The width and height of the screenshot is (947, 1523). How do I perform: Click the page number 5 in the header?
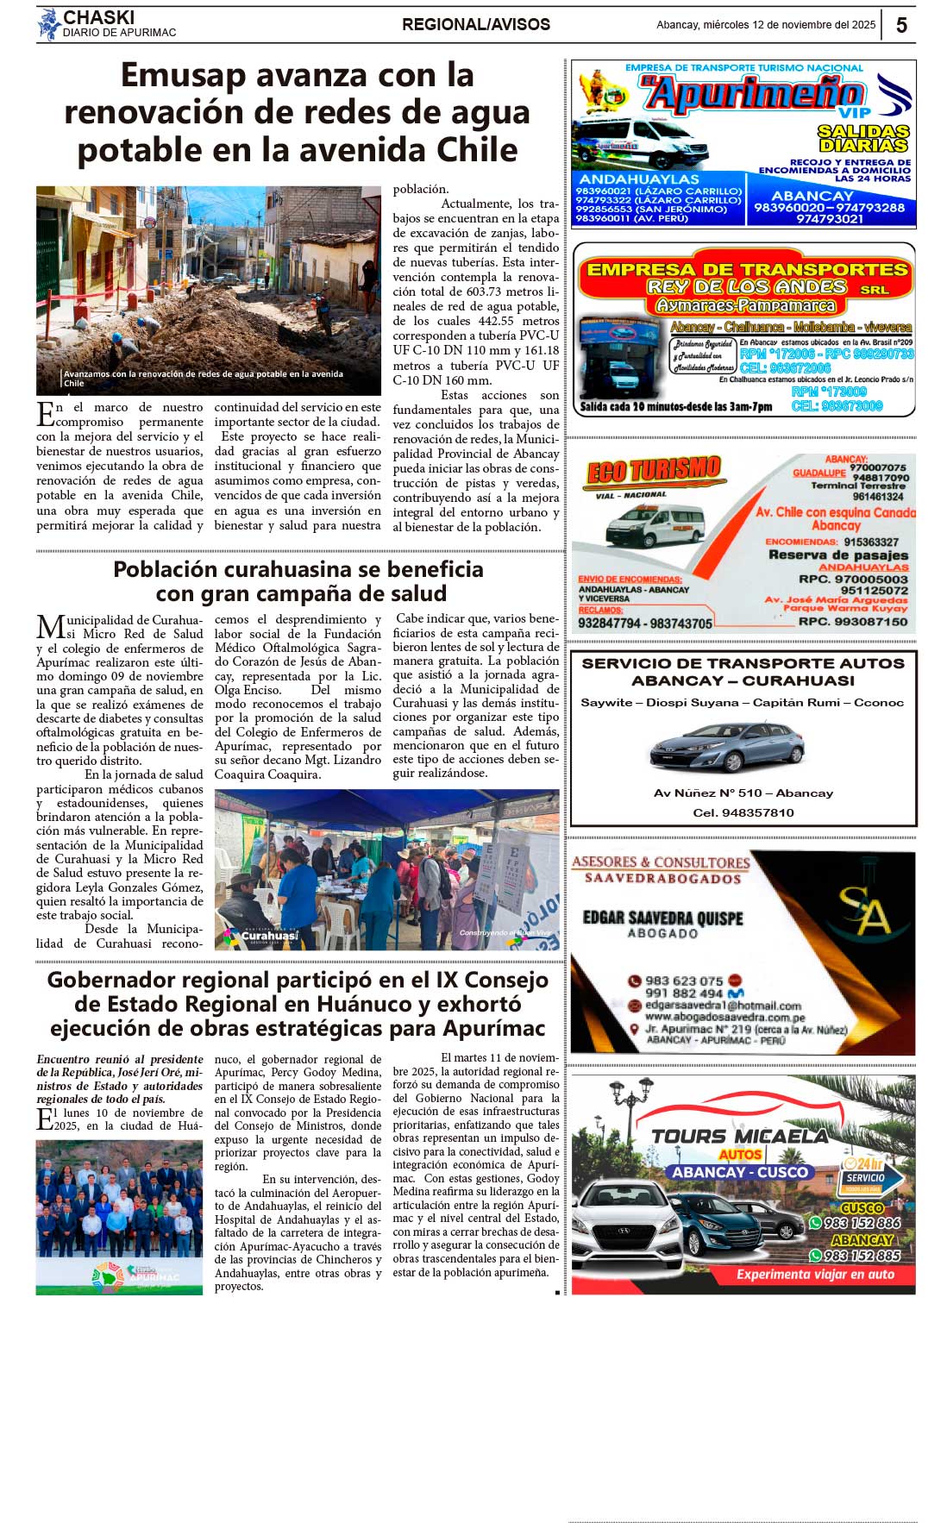(x=901, y=25)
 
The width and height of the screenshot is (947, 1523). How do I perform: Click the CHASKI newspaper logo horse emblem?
(x=48, y=24)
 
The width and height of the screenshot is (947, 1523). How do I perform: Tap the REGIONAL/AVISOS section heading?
(x=475, y=25)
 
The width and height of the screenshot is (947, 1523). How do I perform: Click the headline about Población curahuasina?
(x=298, y=581)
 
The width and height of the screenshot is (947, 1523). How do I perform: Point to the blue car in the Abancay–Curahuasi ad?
(x=726, y=747)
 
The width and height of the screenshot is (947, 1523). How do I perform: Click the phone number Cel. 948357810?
(x=743, y=812)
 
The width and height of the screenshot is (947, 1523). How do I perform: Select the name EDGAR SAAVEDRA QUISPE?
(x=662, y=918)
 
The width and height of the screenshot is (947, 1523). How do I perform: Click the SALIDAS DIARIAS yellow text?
(x=863, y=138)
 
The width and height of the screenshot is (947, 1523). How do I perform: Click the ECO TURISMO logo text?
(x=654, y=470)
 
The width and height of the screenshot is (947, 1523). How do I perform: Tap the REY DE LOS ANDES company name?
(x=747, y=286)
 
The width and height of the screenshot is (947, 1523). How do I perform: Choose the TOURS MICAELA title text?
(x=740, y=1136)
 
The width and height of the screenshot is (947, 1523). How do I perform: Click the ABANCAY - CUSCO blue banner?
(x=740, y=1172)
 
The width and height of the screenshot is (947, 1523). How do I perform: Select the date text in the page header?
(x=765, y=25)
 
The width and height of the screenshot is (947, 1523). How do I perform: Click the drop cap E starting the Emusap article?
(x=46, y=415)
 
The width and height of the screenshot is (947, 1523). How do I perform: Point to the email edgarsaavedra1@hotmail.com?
(x=723, y=1006)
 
